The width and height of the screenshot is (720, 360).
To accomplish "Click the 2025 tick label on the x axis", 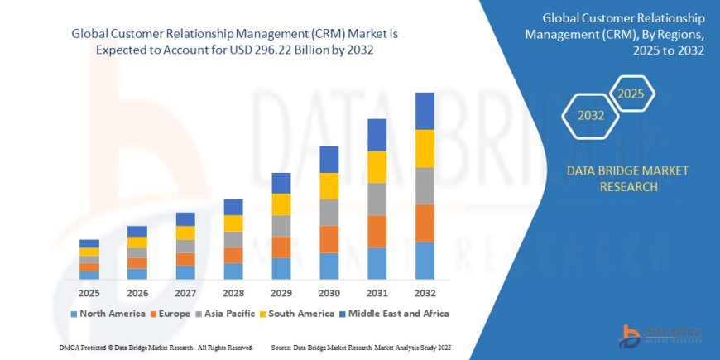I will tap(89, 293).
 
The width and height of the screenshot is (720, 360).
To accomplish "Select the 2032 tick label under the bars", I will tap(425, 293).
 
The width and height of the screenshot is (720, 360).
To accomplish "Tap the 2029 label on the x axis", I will tap(281, 293).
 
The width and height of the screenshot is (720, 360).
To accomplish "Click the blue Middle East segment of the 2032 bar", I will tap(425, 111).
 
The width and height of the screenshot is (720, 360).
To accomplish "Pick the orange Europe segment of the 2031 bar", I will tap(377, 231).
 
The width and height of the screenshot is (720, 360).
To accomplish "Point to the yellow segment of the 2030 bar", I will tap(329, 185).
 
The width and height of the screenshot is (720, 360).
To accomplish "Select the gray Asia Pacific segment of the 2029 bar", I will tap(281, 225).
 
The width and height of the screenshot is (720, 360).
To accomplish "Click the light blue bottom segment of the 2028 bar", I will tap(233, 271).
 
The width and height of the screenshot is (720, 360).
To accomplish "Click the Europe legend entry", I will tap(170, 314).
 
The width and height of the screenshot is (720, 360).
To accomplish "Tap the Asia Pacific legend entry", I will tap(226, 314).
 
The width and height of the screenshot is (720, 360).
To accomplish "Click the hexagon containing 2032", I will tap(590, 115).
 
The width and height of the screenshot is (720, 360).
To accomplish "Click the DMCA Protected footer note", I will tap(156, 347).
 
